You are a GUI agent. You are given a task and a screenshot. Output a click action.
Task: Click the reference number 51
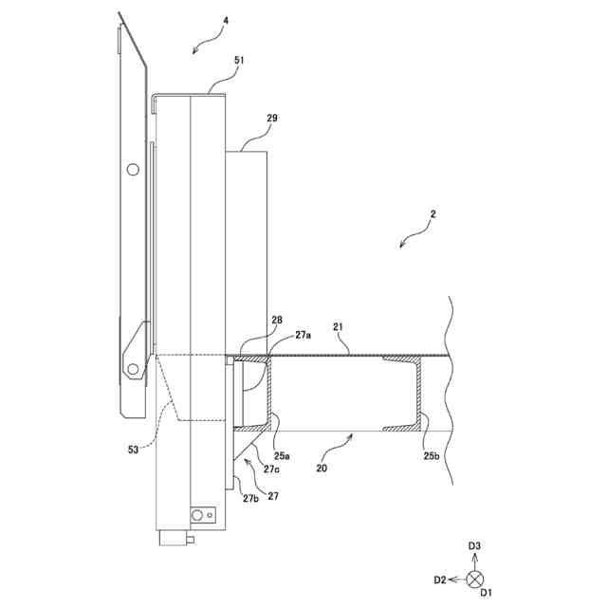coord(239,59)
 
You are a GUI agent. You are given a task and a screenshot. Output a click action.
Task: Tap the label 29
coord(272,119)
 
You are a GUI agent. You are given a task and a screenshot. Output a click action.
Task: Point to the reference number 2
coord(432,214)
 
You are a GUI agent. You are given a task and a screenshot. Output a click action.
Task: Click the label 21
coord(338,326)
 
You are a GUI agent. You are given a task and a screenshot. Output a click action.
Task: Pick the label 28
coord(276,321)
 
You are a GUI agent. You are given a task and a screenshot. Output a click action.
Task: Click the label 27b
coord(251,499)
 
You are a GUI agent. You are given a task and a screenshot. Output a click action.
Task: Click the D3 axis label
coord(476,546)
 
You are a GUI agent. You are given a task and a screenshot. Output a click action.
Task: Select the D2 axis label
coord(440,579)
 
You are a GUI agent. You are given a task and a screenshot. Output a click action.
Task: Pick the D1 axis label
coord(485,593)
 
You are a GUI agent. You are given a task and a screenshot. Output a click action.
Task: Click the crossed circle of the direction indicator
coord(476,578)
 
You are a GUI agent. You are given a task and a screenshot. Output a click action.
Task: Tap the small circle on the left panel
coord(133,169)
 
